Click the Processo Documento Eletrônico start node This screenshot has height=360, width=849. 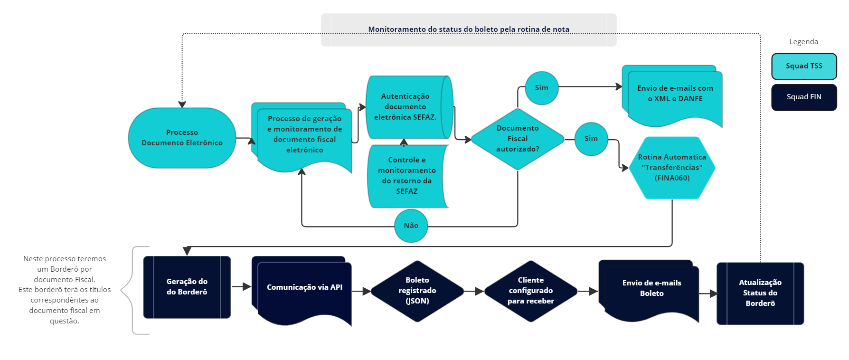(x=182, y=138)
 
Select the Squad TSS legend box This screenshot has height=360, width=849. (x=804, y=66)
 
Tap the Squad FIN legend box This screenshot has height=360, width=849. (x=804, y=97)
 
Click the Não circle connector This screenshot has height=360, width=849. (x=411, y=226)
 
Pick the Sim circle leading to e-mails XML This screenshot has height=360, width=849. (x=541, y=88)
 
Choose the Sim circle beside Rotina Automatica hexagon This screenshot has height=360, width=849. (x=591, y=139)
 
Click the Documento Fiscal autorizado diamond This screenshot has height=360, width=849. (x=518, y=139)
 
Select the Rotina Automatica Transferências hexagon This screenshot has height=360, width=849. (x=672, y=167)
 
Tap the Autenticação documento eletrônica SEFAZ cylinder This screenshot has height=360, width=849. (x=405, y=107)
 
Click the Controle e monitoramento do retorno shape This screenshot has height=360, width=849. (x=407, y=176)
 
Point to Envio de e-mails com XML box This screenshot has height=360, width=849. (x=675, y=94)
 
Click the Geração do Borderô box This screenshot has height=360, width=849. (x=187, y=287)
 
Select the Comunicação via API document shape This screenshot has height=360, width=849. (x=304, y=287)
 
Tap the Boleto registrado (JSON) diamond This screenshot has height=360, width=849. (x=417, y=291)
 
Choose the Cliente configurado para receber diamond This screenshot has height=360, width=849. (x=530, y=291)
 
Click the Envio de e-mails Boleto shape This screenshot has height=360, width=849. (x=651, y=288)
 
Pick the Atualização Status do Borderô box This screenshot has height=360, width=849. (x=760, y=293)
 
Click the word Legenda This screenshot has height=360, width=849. (x=803, y=42)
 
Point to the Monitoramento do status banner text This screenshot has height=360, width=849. (x=469, y=29)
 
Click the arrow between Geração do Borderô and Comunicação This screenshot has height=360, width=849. (x=242, y=287)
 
